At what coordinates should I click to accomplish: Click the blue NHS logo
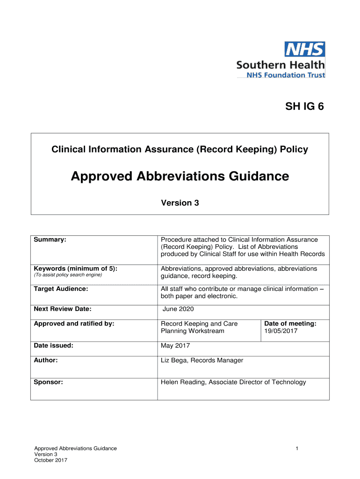(x=305, y=49)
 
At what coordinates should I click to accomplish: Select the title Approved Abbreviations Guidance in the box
(x=180, y=176)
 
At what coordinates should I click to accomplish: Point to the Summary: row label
(x=50, y=239)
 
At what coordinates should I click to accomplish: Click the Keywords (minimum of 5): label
(x=75, y=269)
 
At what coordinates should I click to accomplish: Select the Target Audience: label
(x=61, y=289)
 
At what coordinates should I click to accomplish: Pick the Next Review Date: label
(x=62, y=309)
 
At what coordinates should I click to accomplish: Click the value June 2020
(x=178, y=309)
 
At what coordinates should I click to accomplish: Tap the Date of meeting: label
(x=290, y=323)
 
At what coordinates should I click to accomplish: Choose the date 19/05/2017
(x=281, y=331)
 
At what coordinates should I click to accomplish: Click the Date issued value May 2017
(x=175, y=346)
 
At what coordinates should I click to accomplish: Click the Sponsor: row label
(x=48, y=382)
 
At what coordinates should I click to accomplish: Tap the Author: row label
(x=46, y=360)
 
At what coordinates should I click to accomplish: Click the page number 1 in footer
(x=296, y=449)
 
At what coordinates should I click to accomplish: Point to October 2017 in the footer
(x=51, y=460)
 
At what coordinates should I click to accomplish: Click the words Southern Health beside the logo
(x=280, y=65)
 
